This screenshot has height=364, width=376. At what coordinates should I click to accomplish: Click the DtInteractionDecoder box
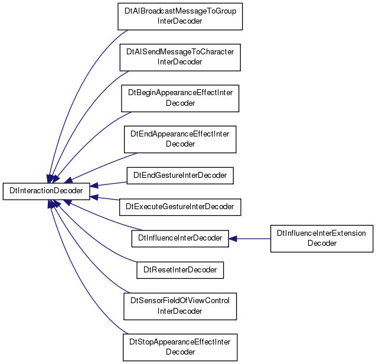pyautogui.click(x=46, y=191)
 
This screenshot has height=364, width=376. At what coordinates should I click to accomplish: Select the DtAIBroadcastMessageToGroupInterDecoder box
pyautogui.click(x=180, y=17)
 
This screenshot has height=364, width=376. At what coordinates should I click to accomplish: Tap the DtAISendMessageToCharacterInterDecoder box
pyautogui.click(x=180, y=57)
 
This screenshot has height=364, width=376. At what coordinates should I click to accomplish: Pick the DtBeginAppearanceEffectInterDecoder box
pyautogui.click(x=180, y=98)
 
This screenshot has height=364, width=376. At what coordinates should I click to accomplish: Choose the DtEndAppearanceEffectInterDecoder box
pyautogui.click(x=180, y=139)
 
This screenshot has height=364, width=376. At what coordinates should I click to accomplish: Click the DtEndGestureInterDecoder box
pyautogui.click(x=180, y=175)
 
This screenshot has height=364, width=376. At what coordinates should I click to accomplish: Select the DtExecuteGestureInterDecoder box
pyautogui.click(x=180, y=207)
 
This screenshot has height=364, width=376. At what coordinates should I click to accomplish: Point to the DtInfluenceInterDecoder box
pyautogui.click(x=180, y=238)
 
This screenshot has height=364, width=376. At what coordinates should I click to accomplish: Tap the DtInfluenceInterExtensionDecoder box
pyautogui.click(x=322, y=239)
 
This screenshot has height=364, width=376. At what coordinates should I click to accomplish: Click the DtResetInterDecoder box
pyautogui.click(x=180, y=270)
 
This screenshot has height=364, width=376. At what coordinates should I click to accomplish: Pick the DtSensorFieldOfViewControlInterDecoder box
pyautogui.click(x=180, y=306)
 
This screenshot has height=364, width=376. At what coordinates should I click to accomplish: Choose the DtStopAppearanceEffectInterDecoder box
pyautogui.click(x=180, y=347)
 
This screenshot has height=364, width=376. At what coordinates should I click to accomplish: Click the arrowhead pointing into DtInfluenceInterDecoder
pyautogui.click(x=233, y=239)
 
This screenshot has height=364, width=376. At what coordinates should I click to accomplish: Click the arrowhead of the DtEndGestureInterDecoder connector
pyautogui.click(x=94, y=186)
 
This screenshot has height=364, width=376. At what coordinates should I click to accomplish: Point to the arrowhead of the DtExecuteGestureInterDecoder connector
pyautogui.click(x=94, y=197)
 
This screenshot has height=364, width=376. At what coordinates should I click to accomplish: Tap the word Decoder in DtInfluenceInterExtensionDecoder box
pyautogui.click(x=322, y=243)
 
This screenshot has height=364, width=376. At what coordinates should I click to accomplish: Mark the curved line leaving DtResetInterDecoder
pyautogui.click(x=91, y=238)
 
